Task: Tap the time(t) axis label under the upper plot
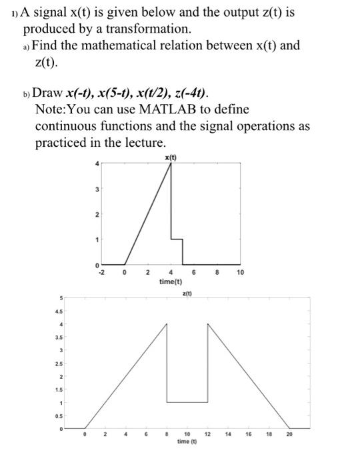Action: [171, 282]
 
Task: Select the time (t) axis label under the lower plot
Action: [187, 442]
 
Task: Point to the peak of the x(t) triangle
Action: [171, 164]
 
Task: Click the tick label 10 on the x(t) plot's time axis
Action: [241, 273]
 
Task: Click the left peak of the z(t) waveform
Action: [167, 324]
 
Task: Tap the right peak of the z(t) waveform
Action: [208, 324]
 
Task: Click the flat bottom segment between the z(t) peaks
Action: [187, 402]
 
